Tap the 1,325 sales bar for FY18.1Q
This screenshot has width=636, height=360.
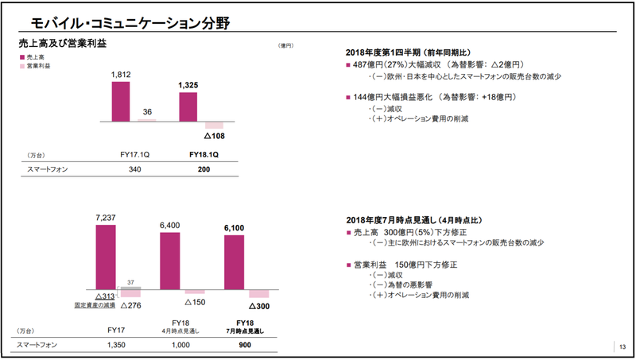pyautogui.click(x=188, y=107)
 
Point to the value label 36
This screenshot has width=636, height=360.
pyautogui.click(x=147, y=112)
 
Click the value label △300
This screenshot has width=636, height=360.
pyautogui.click(x=260, y=304)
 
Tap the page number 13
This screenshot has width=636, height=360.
pyautogui.click(x=622, y=346)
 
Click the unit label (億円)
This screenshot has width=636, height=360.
pyautogui.click(x=286, y=46)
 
